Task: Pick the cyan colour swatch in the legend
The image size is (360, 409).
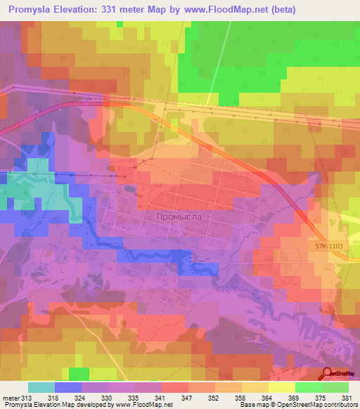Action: pos(41,387)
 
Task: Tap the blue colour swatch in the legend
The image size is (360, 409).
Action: pos(67,387)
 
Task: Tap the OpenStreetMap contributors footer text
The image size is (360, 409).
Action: pos(317,405)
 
